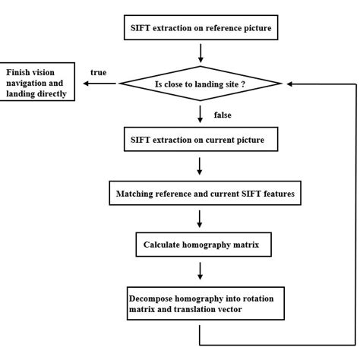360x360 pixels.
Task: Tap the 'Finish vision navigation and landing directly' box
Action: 37,84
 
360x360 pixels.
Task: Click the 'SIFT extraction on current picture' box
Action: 198,139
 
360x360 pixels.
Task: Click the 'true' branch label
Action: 98,72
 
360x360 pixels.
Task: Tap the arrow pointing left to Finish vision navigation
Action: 95,84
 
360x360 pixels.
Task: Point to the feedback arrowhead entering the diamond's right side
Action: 289,84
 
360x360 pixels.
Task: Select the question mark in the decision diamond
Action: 244,84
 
